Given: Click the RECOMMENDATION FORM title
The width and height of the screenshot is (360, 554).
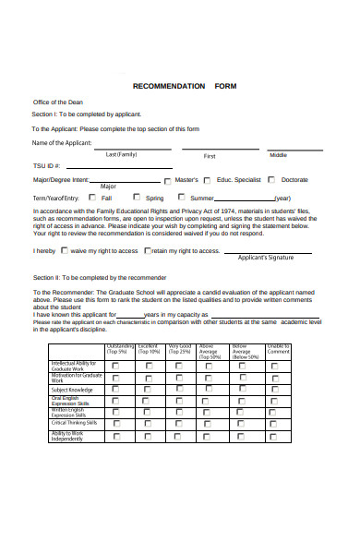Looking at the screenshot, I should coord(185,85).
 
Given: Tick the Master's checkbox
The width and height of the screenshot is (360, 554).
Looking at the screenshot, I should coord(194,181).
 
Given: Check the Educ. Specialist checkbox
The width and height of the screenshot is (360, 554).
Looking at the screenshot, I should coord(234,181).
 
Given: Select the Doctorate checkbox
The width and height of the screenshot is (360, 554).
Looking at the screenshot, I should coord(273,181).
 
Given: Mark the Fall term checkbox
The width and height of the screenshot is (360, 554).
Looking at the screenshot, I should coord(92,197).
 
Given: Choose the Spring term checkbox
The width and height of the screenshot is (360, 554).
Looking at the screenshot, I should coord(137,197).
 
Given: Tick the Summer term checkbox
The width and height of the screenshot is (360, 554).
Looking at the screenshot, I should coord(182,198).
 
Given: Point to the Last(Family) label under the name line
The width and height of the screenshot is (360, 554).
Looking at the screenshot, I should coord(121,154).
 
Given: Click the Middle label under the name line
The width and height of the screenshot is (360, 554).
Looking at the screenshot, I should coord(278,154).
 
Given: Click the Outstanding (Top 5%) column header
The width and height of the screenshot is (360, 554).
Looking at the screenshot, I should coord(116,349).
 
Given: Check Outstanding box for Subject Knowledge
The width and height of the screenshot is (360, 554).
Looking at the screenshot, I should coord(115,390).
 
